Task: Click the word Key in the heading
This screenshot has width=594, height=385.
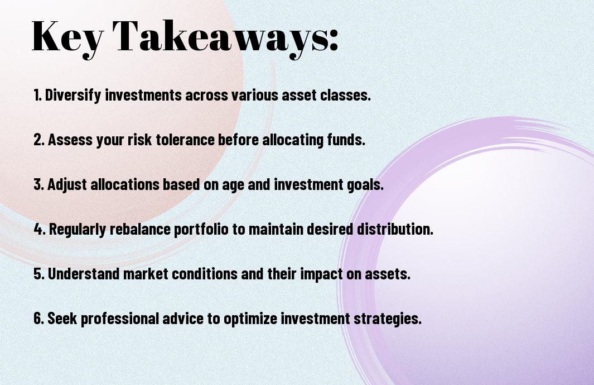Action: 67,39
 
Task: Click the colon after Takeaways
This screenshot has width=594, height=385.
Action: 334,41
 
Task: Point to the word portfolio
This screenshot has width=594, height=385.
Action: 201,230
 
